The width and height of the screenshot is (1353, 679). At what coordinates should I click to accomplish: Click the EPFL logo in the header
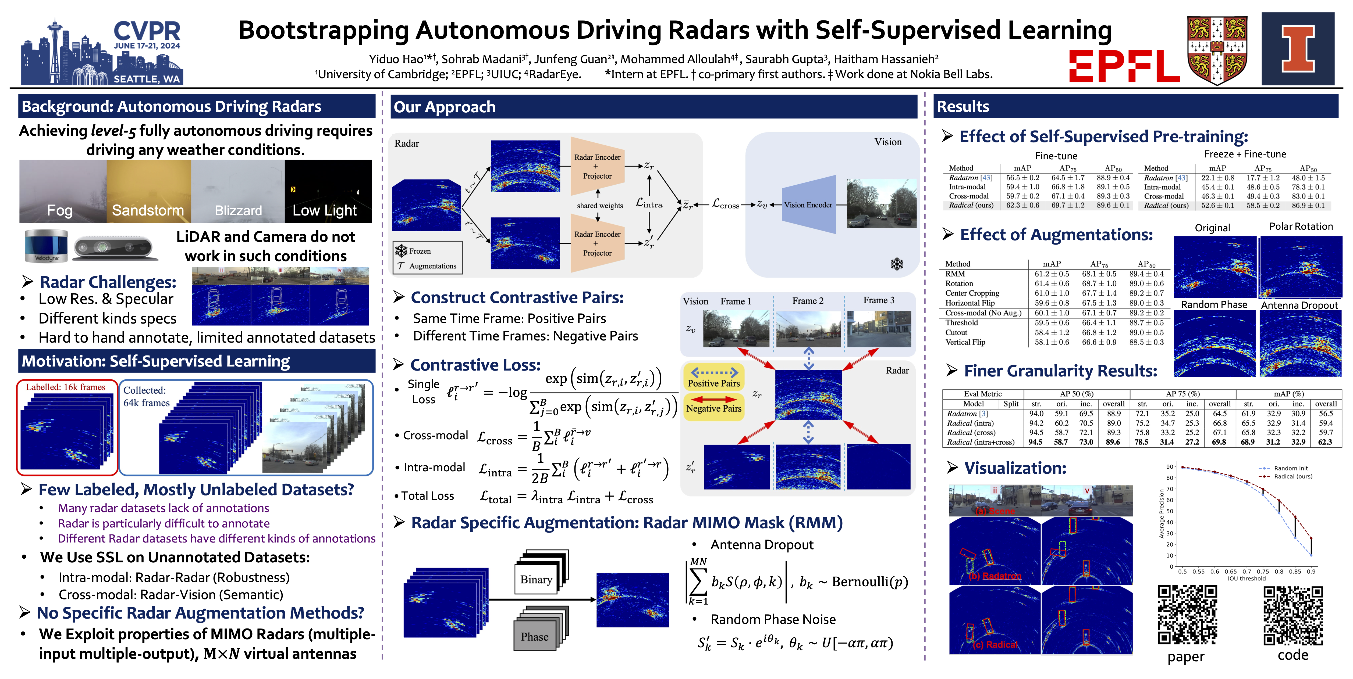(x=1124, y=66)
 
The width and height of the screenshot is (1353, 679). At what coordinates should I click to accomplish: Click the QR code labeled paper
(x=1187, y=614)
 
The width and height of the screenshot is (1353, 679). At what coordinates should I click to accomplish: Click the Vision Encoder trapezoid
(x=809, y=205)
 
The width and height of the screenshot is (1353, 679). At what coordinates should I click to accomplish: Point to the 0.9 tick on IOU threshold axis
(x=1311, y=572)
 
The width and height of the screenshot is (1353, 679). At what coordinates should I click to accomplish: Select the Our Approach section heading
(x=444, y=107)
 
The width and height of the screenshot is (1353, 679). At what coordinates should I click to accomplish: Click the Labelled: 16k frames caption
(x=66, y=387)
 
